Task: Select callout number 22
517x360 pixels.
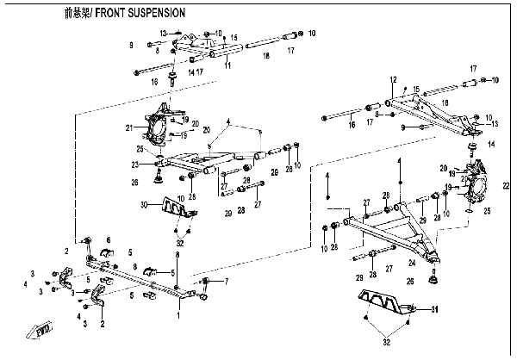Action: [x=506, y=184]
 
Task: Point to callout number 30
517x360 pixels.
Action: [x=145, y=203]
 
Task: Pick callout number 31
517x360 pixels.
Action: [x=434, y=310]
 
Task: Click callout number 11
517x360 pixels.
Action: [x=227, y=65]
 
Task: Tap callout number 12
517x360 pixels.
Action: [x=391, y=80]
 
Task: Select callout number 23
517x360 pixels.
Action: [x=135, y=164]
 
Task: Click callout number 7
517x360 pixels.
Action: [x=227, y=282]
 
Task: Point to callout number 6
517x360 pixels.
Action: [x=109, y=239]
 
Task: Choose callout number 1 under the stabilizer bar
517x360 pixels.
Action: [x=178, y=316]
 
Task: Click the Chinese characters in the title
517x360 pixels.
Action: [x=75, y=15]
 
